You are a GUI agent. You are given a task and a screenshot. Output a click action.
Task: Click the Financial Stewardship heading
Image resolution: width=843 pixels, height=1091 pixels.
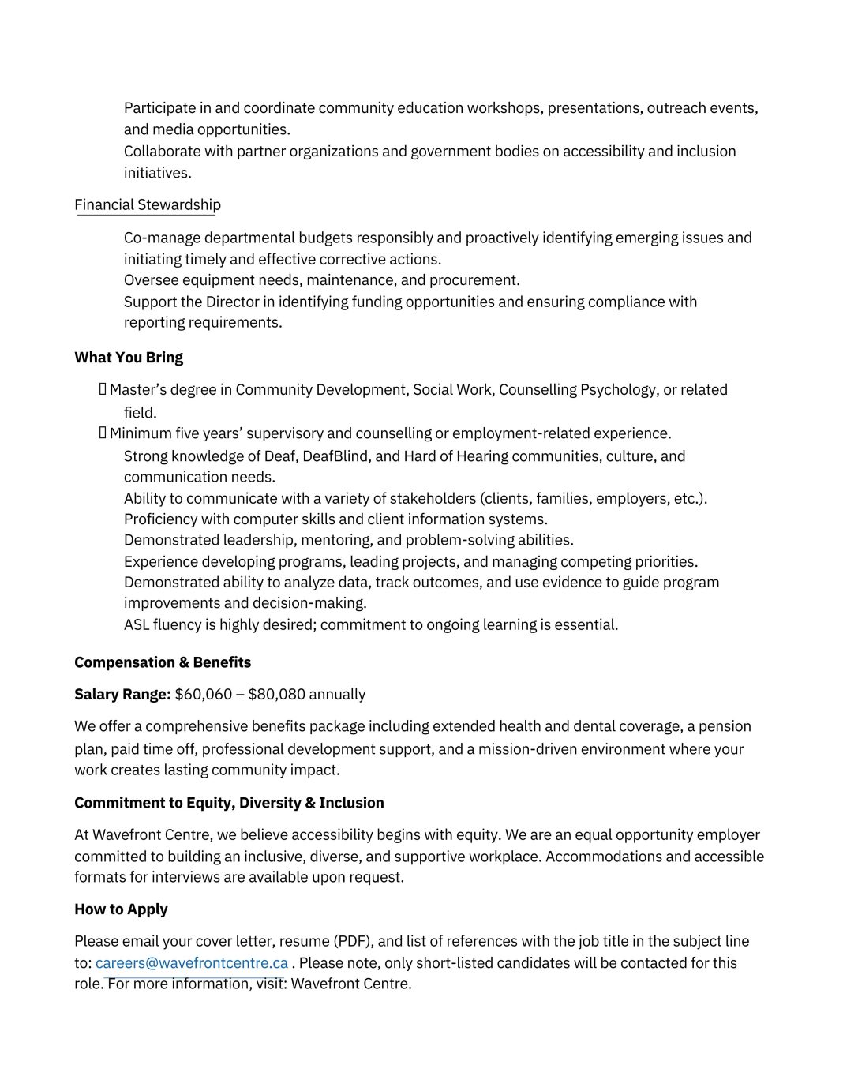pyautogui.click(x=148, y=205)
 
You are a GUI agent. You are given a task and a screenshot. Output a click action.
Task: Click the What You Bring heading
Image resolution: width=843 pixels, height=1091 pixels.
pyautogui.click(x=129, y=358)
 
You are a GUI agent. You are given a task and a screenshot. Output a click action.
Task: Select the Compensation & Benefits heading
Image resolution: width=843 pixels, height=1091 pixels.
pyautogui.click(x=163, y=662)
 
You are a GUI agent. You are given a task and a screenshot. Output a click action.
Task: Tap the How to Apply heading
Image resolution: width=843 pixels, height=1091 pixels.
pyautogui.click(x=121, y=909)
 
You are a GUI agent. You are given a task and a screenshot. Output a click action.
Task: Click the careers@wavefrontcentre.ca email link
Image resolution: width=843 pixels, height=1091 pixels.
pyautogui.click(x=192, y=963)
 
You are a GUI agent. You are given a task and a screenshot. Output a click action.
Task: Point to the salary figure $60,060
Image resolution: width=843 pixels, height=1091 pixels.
pyautogui.click(x=204, y=695)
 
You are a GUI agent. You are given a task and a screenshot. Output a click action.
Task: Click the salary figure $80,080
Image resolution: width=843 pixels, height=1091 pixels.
pyautogui.click(x=276, y=695)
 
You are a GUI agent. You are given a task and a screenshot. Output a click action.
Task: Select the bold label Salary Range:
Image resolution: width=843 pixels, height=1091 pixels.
pyautogui.click(x=122, y=695)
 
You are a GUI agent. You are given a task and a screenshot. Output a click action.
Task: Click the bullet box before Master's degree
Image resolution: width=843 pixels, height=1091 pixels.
pyautogui.click(x=103, y=389)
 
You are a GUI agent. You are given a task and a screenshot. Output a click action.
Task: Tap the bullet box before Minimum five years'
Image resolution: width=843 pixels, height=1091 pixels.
pyautogui.click(x=103, y=433)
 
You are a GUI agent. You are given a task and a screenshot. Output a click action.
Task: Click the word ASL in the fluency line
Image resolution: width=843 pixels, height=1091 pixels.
pyautogui.click(x=137, y=625)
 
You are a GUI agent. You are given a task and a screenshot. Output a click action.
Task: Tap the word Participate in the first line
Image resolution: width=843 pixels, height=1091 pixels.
pyautogui.click(x=159, y=108)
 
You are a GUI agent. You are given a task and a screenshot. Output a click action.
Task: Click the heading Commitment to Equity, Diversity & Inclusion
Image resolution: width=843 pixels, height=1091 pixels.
pyautogui.click(x=229, y=803)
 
